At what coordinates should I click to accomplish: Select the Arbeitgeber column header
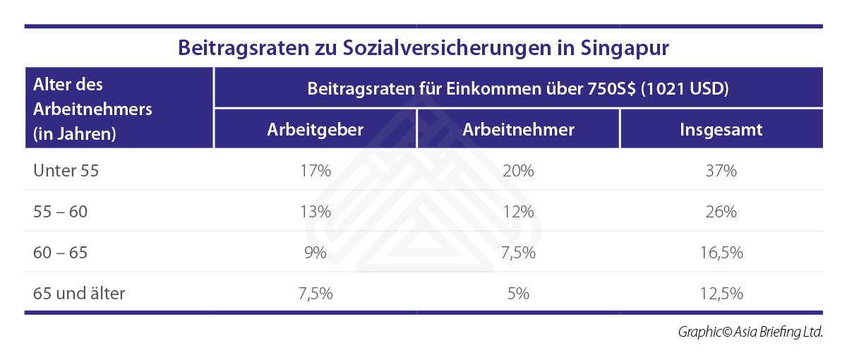[316, 130]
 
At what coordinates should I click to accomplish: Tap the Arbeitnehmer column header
[518, 130]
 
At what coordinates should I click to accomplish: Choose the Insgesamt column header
[721, 130]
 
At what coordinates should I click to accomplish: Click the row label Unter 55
[66, 171]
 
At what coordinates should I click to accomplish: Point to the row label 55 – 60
[61, 212]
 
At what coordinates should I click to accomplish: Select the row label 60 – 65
[61, 253]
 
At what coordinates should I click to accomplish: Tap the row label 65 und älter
[79, 294]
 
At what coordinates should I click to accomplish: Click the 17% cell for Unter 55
[316, 171]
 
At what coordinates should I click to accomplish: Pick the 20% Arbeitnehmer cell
[518, 171]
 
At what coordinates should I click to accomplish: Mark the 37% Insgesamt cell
[721, 171]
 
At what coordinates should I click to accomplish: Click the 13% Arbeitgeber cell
[316, 212]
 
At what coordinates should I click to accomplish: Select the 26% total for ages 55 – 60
[721, 212]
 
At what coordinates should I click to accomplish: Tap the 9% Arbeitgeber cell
[316, 253]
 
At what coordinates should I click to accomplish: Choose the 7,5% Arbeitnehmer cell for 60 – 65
[518, 253]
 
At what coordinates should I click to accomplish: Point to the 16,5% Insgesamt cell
[721, 253]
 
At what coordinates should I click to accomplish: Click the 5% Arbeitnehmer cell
[518, 294]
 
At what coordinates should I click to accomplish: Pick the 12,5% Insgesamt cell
[721, 294]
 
